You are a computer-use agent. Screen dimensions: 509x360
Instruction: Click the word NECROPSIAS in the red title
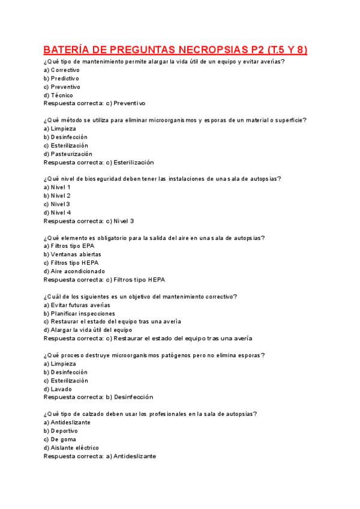(208, 49)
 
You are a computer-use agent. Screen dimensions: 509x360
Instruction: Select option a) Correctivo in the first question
(61, 70)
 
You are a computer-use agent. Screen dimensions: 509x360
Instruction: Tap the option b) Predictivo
(61, 79)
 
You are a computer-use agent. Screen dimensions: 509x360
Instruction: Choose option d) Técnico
(58, 95)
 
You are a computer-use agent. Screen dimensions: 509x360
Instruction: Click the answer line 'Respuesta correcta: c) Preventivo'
(94, 103)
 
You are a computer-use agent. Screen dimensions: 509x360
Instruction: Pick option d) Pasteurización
(68, 154)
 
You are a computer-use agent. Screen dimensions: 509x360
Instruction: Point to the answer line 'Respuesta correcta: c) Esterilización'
(98, 162)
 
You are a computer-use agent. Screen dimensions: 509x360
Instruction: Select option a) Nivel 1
(57, 187)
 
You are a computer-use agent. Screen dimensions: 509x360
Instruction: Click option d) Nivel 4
(57, 212)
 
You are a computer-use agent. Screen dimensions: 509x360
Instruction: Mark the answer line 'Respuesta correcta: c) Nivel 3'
(89, 221)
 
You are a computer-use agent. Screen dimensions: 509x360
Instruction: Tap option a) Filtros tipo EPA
(69, 246)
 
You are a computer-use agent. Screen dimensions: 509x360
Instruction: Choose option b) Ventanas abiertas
(72, 254)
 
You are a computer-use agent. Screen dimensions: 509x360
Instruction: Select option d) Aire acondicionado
(74, 271)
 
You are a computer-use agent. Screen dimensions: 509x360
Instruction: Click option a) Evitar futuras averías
(77, 305)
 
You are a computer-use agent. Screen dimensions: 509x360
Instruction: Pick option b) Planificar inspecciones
(79, 313)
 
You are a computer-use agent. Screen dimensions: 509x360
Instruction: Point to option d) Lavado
(58, 389)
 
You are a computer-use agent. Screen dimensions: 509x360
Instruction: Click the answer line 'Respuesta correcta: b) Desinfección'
(98, 397)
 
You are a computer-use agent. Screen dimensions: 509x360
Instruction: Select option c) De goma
(59, 439)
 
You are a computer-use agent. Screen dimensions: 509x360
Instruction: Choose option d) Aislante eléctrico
(71, 448)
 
